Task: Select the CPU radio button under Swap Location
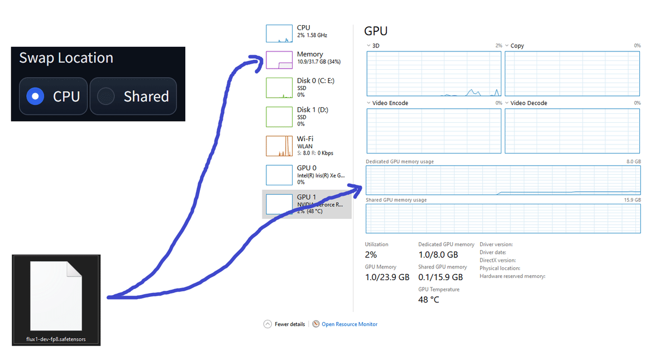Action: pos(35,96)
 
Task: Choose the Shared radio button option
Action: pos(106,96)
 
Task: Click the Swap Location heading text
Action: pos(66,58)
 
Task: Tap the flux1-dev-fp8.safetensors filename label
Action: pos(56,339)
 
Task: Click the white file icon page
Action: pos(56,296)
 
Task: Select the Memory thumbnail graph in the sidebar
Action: pos(279,60)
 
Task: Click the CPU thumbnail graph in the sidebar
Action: pos(279,33)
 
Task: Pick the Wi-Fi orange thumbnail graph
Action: pos(279,146)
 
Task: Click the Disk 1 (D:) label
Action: pos(313,110)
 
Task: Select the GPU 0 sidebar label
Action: pos(307,168)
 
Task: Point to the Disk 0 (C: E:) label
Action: pos(315,81)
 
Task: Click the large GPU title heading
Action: pos(376,31)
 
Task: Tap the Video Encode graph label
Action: pos(390,103)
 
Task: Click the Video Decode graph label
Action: pos(529,103)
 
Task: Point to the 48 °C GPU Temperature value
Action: pos(429,300)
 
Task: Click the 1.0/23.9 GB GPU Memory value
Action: pos(387,277)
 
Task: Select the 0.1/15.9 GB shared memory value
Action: pos(441,277)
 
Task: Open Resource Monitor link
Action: pos(350,324)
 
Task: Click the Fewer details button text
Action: pos(290,324)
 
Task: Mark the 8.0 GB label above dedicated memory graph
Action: pos(634,161)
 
